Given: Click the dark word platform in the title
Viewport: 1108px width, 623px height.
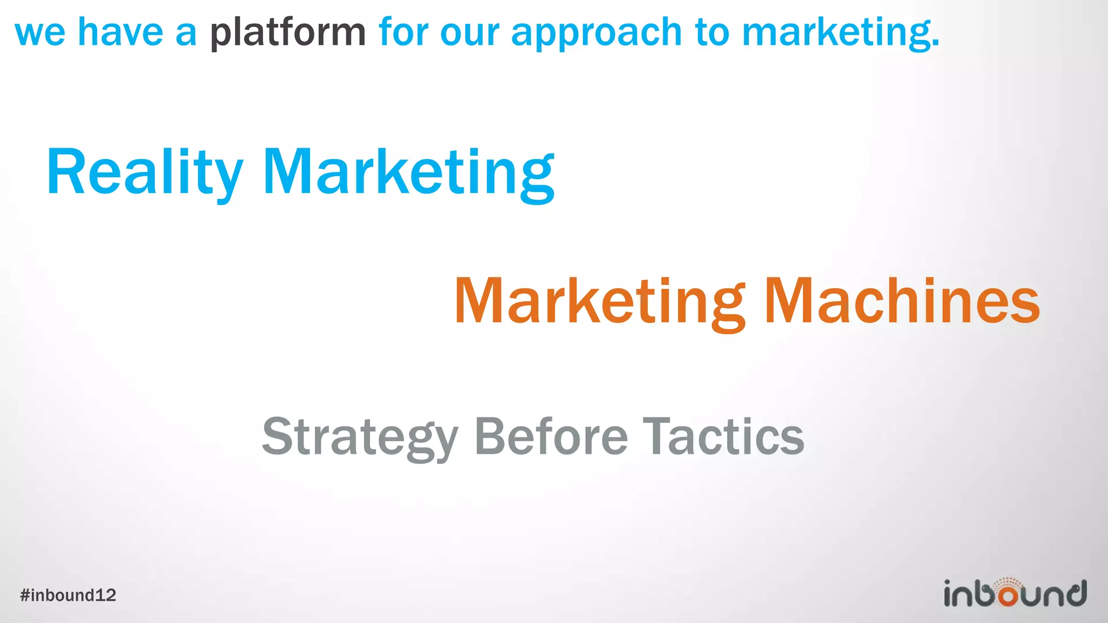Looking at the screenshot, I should pyautogui.click(x=288, y=32).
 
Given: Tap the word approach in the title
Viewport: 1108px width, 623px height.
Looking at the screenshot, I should pyautogui.click(x=596, y=32).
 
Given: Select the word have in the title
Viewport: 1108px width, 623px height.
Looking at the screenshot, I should pyautogui.click(x=120, y=32).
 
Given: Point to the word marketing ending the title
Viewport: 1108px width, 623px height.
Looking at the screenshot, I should pyautogui.click(x=840, y=32).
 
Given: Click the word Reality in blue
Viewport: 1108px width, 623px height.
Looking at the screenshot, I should pyautogui.click(x=144, y=173).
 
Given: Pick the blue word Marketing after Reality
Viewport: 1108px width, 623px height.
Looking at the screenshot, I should pyautogui.click(x=408, y=173).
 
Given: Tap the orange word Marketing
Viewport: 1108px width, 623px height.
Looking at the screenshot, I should pyautogui.click(x=599, y=301).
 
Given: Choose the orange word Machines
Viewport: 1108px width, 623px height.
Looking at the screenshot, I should pyautogui.click(x=902, y=301).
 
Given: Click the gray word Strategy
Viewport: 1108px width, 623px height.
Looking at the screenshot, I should pyautogui.click(x=360, y=437).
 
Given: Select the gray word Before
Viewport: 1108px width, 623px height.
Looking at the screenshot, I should pyautogui.click(x=551, y=437).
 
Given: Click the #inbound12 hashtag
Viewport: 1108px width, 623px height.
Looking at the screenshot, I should pyautogui.click(x=68, y=595).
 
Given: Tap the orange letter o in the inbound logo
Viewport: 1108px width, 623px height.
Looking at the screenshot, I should pyautogui.click(x=1007, y=595).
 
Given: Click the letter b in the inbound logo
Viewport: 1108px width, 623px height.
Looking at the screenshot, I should pyautogui.click(x=987, y=593).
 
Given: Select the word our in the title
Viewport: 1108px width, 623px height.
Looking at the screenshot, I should pyautogui.click(x=470, y=32).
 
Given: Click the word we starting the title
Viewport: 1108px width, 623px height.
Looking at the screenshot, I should pyautogui.click(x=40, y=32).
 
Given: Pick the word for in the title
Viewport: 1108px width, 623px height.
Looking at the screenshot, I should pyautogui.click(x=403, y=32).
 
